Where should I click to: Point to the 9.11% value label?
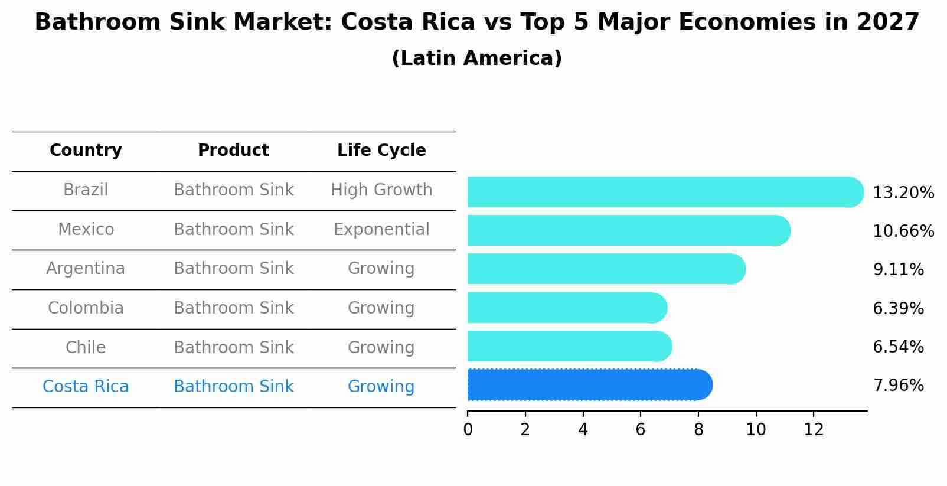point(898,270)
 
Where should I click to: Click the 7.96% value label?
point(898,386)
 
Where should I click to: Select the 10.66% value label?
point(903,231)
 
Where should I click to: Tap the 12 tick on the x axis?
point(814,430)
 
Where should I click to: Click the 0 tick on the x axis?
point(468,430)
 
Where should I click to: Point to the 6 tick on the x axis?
point(641,430)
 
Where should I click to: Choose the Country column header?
point(86,151)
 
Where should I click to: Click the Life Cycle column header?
point(381,151)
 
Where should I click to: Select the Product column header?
point(233,151)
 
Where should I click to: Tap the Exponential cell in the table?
point(381,230)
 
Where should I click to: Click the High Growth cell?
point(381,190)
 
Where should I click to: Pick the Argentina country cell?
point(86,269)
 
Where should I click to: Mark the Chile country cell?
point(86,347)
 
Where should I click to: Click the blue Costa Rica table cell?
point(86,387)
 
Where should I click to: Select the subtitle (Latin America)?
point(476,58)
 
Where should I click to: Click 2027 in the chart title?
point(887,22)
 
